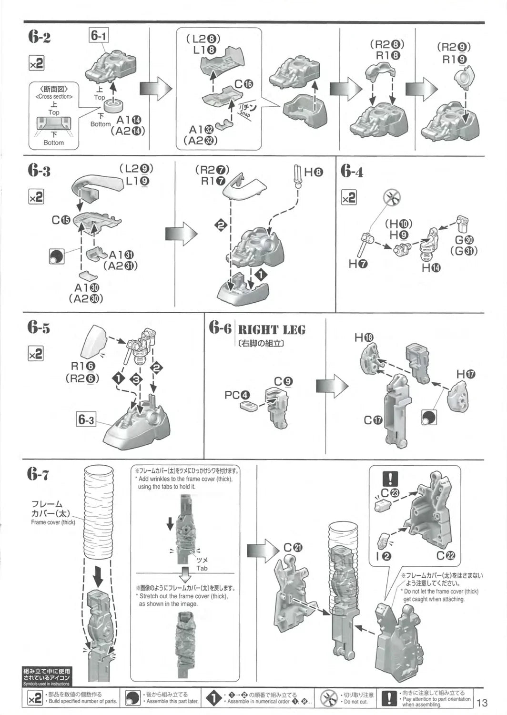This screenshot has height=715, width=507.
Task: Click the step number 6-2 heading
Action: point(39,37)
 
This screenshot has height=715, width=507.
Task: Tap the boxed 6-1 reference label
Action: point(98,35)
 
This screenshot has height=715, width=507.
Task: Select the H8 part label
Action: point(314,173)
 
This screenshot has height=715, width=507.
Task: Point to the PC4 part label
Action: point(237,395)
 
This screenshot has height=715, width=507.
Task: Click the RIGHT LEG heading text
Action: point(272,329)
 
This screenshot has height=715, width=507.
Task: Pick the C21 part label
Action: point(293,548)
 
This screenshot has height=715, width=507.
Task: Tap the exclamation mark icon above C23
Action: point(390,479)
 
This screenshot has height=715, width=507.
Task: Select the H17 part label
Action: point(466,374)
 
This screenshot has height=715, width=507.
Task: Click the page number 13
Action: point(482,703)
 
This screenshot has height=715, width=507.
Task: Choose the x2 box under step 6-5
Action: point(36,354)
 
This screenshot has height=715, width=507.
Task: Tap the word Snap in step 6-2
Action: point(245,114)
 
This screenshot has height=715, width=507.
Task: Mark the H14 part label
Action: point(431,268)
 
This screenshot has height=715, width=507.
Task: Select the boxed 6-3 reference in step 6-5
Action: point(86,419)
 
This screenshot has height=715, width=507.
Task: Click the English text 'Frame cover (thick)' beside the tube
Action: point(53,522)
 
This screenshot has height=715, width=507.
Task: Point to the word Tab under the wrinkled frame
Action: point(202,568)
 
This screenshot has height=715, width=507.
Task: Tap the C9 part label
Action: point(284,381)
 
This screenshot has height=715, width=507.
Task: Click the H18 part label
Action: point(364,337)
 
